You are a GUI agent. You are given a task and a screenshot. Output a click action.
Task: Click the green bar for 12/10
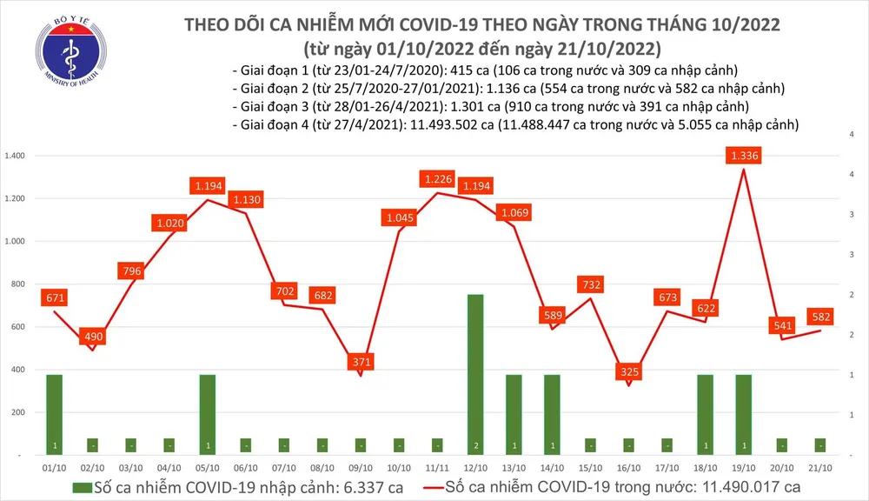tap(475, 374)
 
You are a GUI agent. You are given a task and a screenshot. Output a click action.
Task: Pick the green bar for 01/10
tap(54, 414)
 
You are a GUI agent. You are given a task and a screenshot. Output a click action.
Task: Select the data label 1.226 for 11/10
tap(436, 179)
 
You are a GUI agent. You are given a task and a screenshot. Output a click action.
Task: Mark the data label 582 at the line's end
tap(819, 315)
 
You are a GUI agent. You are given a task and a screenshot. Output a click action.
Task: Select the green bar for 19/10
tap(743, 414)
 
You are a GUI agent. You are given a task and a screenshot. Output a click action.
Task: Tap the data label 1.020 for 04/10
tap(169, 223)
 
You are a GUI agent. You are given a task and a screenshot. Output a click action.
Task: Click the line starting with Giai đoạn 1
tap(492, 70)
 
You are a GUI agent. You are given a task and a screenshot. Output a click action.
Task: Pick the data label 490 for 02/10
tap(92, 337)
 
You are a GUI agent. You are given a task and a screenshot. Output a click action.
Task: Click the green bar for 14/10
tap(552, 414)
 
